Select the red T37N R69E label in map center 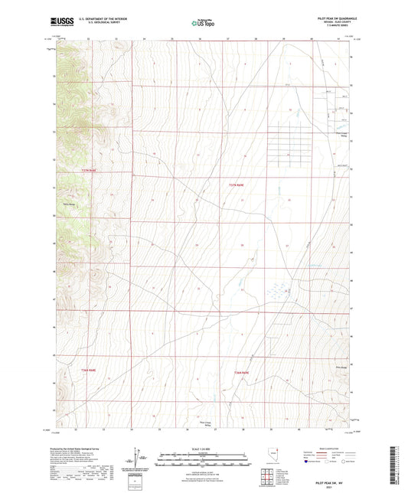coord(238,184)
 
